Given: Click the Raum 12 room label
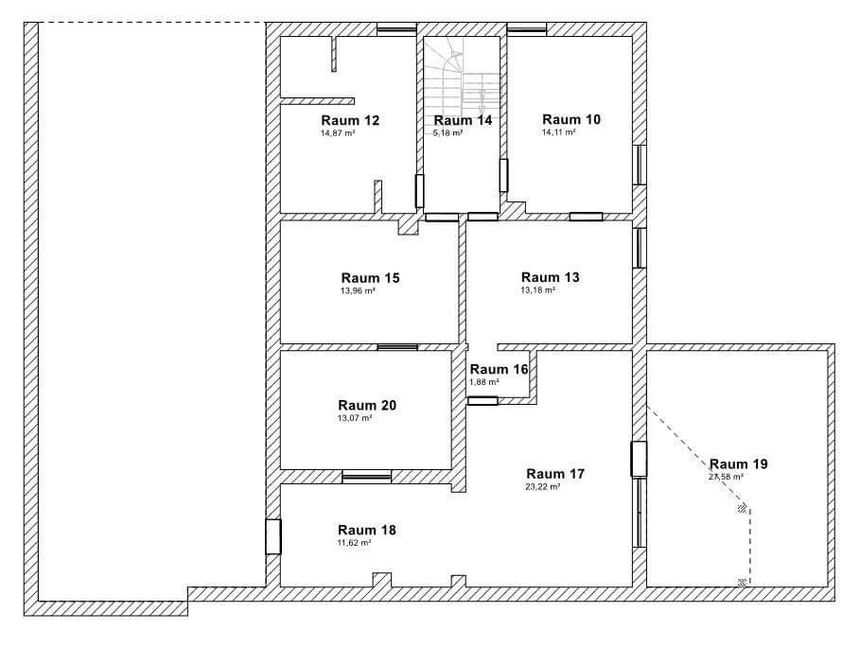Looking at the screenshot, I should tap(350, 120).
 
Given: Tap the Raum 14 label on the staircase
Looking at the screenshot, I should tap(463, 120).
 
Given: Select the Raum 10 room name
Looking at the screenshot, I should tap(570, 119).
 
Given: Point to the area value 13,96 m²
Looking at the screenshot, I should tap(358, 291).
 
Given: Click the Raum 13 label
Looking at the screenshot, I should tap(550, 277).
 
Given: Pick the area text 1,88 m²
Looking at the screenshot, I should tap(483, 382).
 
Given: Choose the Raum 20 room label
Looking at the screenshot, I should tap(367, 405).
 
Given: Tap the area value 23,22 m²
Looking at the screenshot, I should tap(542, 487).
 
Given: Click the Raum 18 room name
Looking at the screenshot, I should tap(367, 530).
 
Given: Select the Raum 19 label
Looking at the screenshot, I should tap(738, 463).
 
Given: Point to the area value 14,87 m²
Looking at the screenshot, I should tap(338, 133).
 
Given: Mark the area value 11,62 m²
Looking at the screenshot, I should tap(354, 543).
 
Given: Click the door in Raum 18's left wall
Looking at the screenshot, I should tap(273, 536).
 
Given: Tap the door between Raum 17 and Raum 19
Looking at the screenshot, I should tap(639, 459).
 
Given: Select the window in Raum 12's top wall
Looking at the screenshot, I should tap(396, 29).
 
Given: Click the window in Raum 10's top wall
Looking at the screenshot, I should tap(527, 29).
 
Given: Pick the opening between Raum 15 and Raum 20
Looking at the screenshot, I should tap(396, 347).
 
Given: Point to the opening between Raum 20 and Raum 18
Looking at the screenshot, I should tap(366, 476).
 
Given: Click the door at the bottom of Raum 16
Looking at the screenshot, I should tap(483, 401).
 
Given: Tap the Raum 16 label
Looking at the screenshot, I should tap(499, 369).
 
